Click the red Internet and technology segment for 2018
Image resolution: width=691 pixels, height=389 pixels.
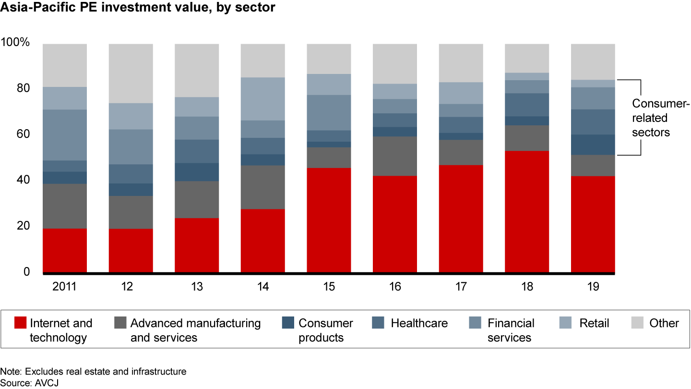coord(527,211)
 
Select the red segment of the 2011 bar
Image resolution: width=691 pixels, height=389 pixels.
coord(65,250)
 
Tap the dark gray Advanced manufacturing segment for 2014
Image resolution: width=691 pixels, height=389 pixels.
coord(263,187)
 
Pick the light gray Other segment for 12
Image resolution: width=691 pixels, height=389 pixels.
coord(131,73)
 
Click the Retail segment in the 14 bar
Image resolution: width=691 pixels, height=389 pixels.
coord(263,98)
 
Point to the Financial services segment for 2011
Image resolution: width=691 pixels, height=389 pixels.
coord(65,135)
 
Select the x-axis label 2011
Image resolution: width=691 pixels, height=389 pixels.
coord(65,287)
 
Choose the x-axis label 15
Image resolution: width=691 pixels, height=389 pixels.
coord(329,287)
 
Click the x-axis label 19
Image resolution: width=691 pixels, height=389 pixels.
coord(593,287)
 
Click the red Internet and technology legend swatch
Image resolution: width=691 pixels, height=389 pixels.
coord(20,323)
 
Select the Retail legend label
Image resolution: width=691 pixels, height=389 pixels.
coord(594,323)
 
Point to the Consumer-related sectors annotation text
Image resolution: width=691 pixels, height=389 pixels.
coord(654,118)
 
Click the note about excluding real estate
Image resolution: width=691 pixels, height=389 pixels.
coord(93,371)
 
